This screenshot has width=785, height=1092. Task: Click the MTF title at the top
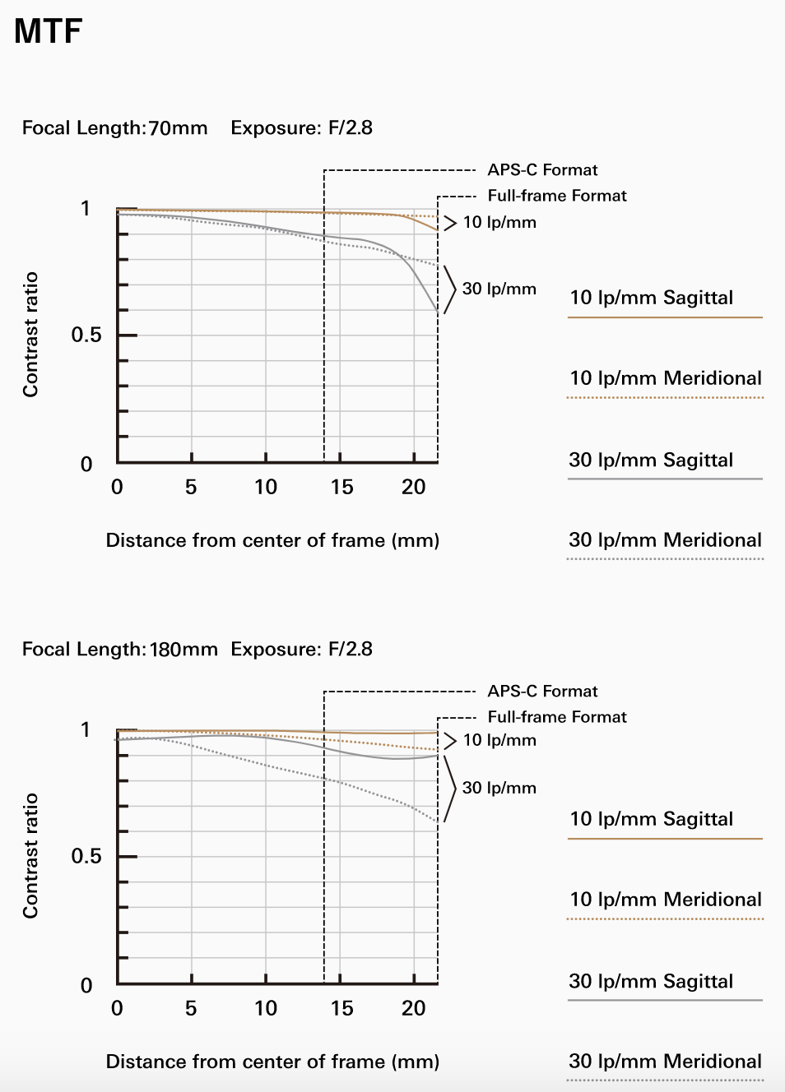[49, 31]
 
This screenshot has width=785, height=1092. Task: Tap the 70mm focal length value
[178, 128]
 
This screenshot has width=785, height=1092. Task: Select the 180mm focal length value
[183, 650]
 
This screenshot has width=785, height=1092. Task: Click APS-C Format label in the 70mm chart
[542, 170]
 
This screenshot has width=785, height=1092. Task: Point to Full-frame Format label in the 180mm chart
[557, 717]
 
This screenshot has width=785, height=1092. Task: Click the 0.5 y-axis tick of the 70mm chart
[86, 335]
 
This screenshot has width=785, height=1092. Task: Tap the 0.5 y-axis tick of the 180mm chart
[86, 857]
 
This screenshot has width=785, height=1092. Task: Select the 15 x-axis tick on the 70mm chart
[341, 487]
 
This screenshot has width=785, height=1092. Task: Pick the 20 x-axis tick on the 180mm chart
[413, 1008]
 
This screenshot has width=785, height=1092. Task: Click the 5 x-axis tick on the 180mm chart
[191, 1008]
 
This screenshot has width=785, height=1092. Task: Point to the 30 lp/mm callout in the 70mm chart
[499, 289]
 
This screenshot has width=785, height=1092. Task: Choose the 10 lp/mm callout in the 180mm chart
[499, 740]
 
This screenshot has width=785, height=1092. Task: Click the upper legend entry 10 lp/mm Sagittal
[651, 298]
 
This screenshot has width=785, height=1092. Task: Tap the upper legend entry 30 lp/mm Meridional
[665, 540]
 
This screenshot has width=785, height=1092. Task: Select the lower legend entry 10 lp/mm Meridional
[665, 900]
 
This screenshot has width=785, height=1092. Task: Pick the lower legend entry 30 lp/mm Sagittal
[651, 981]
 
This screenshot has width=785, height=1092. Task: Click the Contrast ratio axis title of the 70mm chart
[30, 335]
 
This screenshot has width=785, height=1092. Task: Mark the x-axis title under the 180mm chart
[272, 1062]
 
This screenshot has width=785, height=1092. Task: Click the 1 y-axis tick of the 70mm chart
[86, 208]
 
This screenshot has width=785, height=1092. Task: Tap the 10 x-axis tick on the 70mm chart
[266, 487]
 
